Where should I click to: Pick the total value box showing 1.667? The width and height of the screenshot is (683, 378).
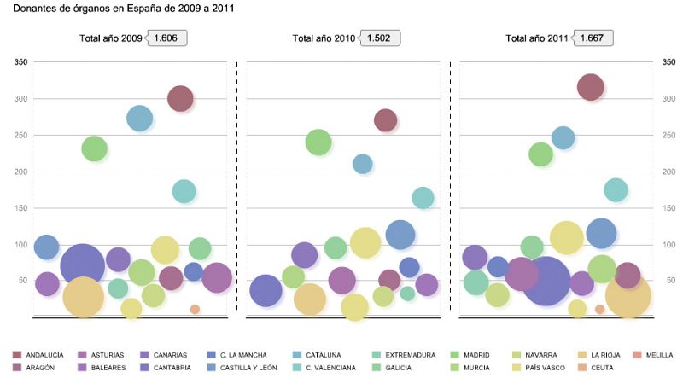tap(595, 38)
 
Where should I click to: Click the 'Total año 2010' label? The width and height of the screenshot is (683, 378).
tap(324, 38)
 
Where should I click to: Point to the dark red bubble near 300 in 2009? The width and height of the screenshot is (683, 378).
tap(179, 99)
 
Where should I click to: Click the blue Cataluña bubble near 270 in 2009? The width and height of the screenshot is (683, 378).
tap(140, 119)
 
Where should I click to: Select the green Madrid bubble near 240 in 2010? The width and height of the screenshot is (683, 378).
tap(318, 142)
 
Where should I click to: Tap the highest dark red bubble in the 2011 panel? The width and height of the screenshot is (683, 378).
tap(591, 86)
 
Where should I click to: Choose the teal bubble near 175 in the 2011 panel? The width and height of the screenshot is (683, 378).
tap(616, 190)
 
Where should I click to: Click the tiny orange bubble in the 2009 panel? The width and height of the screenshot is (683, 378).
tap(195, 309)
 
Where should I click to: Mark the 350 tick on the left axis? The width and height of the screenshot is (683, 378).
tap(21, 62)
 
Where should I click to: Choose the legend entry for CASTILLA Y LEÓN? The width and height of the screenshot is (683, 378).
tap(248, 368)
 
